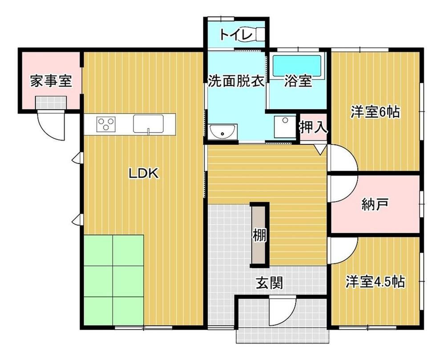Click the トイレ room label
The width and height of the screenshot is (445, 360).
(x=236, y=35)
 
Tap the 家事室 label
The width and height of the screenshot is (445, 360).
(x=51, y=81)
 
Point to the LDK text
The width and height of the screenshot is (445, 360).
(x=144, y=173)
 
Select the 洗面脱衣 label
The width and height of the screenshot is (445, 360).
(x=236, y=81)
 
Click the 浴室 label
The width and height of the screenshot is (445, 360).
(x=298, y=81)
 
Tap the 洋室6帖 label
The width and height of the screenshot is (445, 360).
(x=375, y=112)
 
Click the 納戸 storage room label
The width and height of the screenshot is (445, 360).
(x=375, y=205)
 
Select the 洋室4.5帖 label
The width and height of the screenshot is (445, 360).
(x=375, y=282)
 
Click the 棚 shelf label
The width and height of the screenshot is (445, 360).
(x=259, y=235)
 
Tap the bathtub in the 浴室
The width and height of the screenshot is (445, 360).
(x=296, y=66)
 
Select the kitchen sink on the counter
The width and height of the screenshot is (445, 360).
(x=149, y=124)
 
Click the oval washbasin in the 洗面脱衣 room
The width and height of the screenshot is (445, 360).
(x=222, y=132)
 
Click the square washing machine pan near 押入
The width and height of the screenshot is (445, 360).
(x=285, y=127)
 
